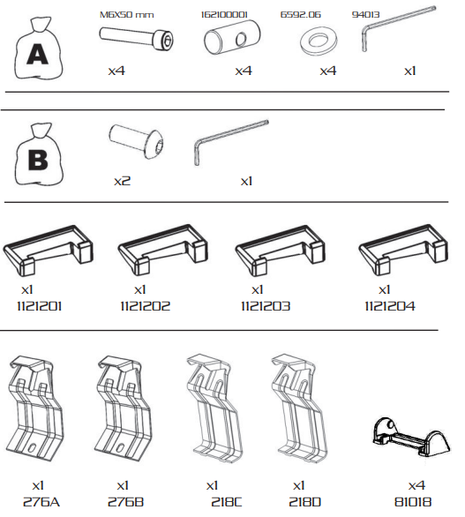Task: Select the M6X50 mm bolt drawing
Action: tap(137, 38)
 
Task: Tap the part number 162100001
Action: tap(224, 15)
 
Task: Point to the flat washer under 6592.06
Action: tap(319, 41)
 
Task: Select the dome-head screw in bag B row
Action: tap(136, 141)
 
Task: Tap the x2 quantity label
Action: tap(122, 181)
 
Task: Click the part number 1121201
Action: tap(39, 307)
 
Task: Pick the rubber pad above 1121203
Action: tap(280, 250)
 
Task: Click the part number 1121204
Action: tap(390, 307)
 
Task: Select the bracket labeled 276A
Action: tap(34, 408)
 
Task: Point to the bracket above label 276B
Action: tap(123, 408)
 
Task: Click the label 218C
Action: tap(226, 502)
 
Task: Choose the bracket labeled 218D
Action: tap(298, 408)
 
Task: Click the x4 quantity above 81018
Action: tap(416, 485)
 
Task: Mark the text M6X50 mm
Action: tap(127, 15)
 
